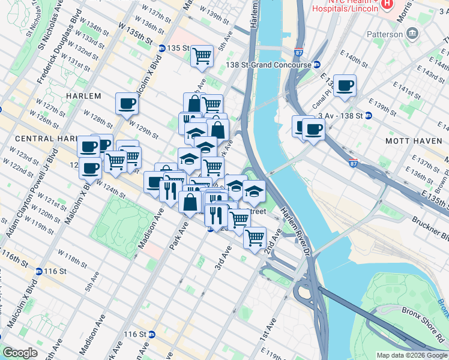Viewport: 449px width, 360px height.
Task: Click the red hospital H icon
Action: tap(387, 4)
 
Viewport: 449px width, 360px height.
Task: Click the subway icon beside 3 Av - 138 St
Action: tap(368, 115)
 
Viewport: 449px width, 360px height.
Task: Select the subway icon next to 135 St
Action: tap(161, 48)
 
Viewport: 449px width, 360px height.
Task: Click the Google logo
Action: tap(19, 353)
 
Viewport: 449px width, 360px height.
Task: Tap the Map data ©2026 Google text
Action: tap(411, 355)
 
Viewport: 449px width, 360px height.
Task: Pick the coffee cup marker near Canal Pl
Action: tap(345, 86)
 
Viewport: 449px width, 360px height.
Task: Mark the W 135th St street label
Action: tap(135, 34)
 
